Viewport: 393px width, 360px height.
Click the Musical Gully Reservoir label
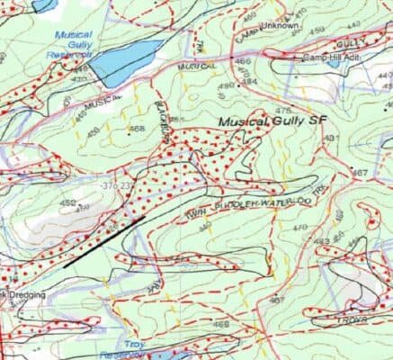(75, 43)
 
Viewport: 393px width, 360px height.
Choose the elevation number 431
(330, 138)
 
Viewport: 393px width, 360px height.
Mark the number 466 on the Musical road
(242, 61)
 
